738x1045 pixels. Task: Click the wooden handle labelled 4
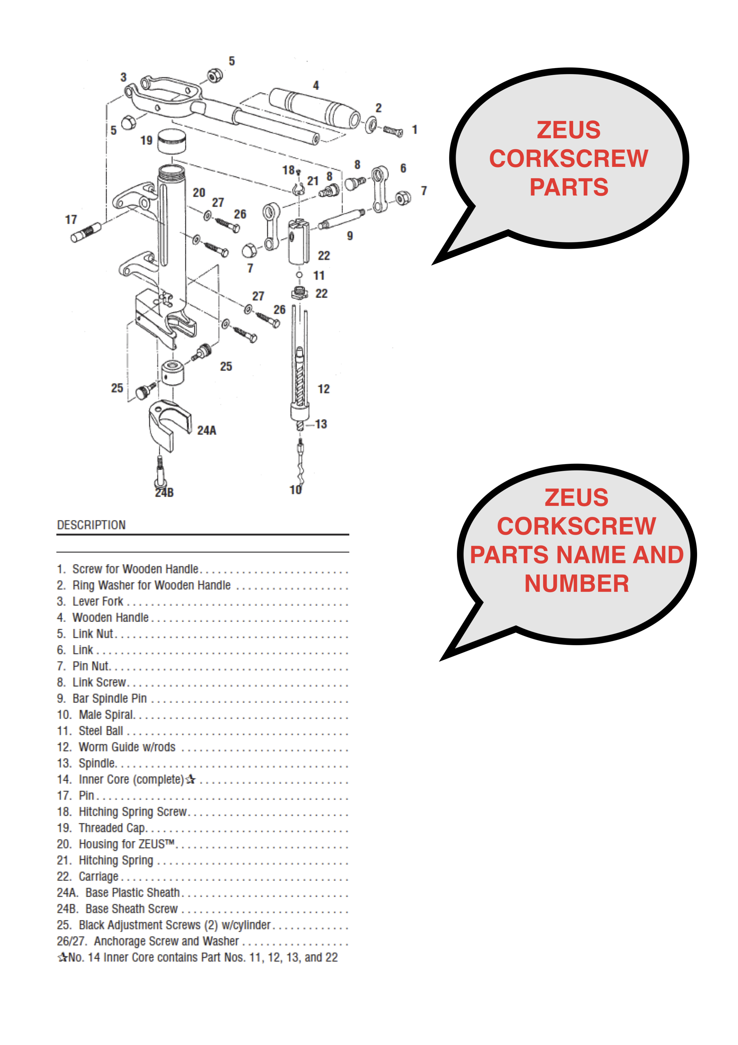coord(314,108)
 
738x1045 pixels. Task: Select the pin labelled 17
coord(86,232)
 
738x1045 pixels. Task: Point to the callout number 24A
coord(207,431)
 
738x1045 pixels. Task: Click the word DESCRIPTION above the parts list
coord(91,525)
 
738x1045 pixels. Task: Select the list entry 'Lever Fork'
coord(98,601)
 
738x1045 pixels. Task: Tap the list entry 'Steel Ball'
coord(101,730)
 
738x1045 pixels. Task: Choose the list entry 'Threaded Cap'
coord(111,827)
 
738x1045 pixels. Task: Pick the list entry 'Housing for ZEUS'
coord(126,844)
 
